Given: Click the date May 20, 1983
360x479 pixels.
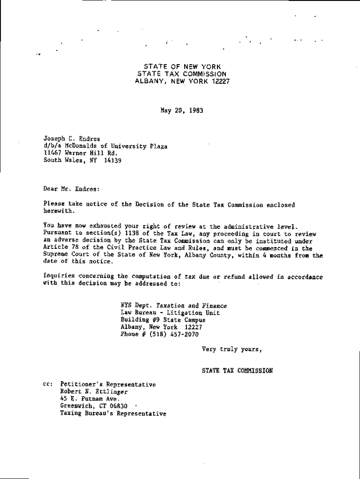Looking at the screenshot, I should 181,111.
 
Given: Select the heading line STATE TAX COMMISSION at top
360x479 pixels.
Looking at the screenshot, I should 182,74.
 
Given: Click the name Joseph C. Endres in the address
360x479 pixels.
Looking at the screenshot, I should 68,139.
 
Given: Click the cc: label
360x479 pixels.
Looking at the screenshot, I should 48,385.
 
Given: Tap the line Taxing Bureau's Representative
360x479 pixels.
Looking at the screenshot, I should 113,414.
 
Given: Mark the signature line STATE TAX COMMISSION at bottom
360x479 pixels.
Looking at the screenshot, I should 237,370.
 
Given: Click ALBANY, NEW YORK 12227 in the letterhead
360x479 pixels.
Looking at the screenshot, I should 182,81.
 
